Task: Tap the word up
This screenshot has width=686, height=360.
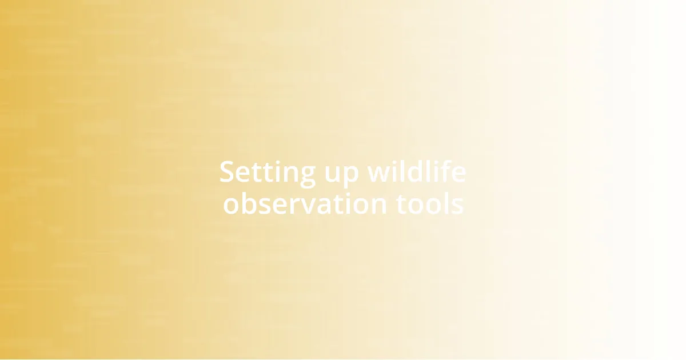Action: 334,174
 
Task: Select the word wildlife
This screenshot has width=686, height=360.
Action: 416,172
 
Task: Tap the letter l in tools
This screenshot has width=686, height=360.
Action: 445,203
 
